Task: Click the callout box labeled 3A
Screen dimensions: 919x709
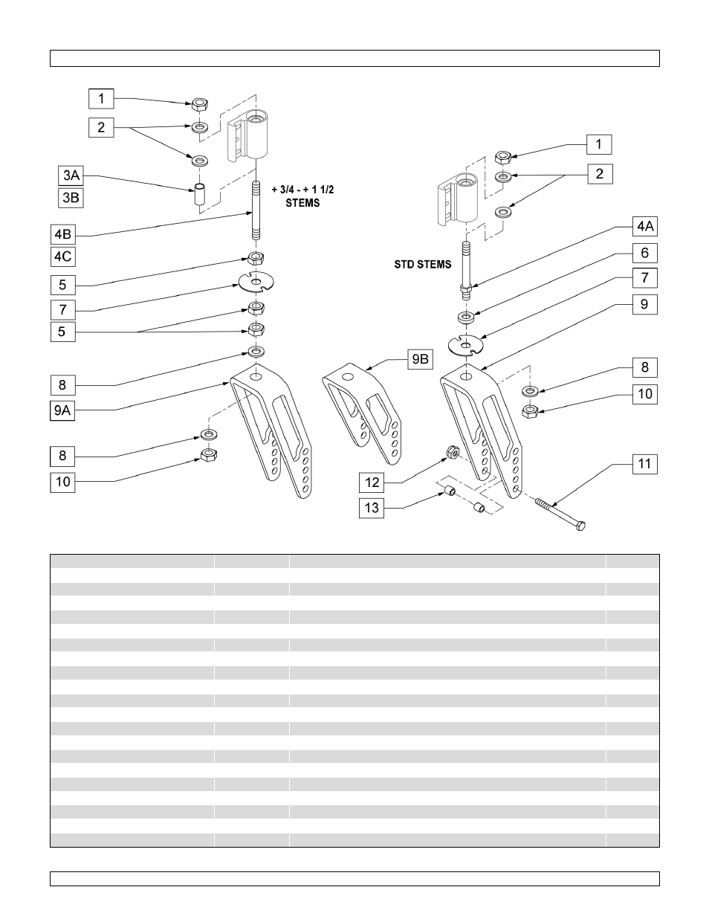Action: tap(71, 175)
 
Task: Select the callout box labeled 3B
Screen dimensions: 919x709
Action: tap(71, 198)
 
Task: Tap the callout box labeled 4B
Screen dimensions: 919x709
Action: tap(63, 235)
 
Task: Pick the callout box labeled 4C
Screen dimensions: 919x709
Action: tap(63, 257)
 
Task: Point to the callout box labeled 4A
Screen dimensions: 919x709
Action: tap(644, 226)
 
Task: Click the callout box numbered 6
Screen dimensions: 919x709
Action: tap(644, 253)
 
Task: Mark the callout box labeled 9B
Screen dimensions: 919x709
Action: tap(420, 360)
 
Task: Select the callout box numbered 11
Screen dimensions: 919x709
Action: tap(644, 464)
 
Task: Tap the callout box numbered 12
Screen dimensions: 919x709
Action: tap(372, 483)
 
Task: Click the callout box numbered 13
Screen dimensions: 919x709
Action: tap(372, 509)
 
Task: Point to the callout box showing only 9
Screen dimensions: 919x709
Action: tap(644, 304)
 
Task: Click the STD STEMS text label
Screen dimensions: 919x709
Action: tap(423, 264)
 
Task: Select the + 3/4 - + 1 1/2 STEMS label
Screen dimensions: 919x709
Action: tap(302, 196)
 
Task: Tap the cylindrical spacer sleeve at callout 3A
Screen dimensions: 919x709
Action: tap(200, 195)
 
